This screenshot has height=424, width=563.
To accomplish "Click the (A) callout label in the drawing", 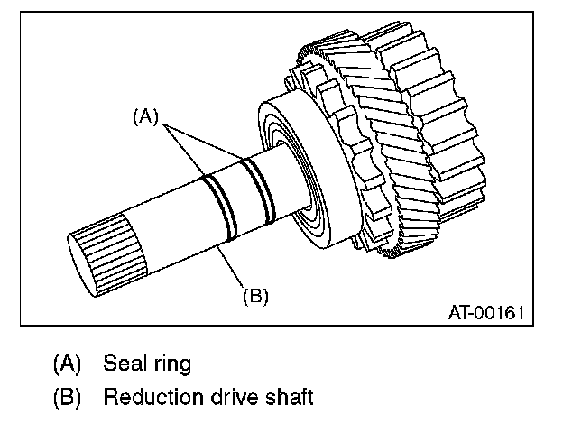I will [146, 115].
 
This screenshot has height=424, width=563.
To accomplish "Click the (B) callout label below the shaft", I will [255, 294].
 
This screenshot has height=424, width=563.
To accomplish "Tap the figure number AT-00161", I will [485, 313].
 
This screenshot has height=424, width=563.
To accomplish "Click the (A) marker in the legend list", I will [67, 365].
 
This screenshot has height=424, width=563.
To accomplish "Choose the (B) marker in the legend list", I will [67, 397].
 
